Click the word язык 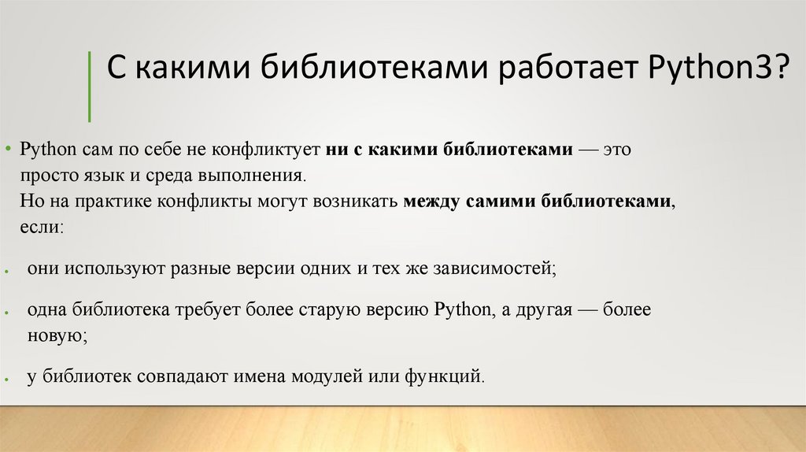95,175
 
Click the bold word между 431,201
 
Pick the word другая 542,309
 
